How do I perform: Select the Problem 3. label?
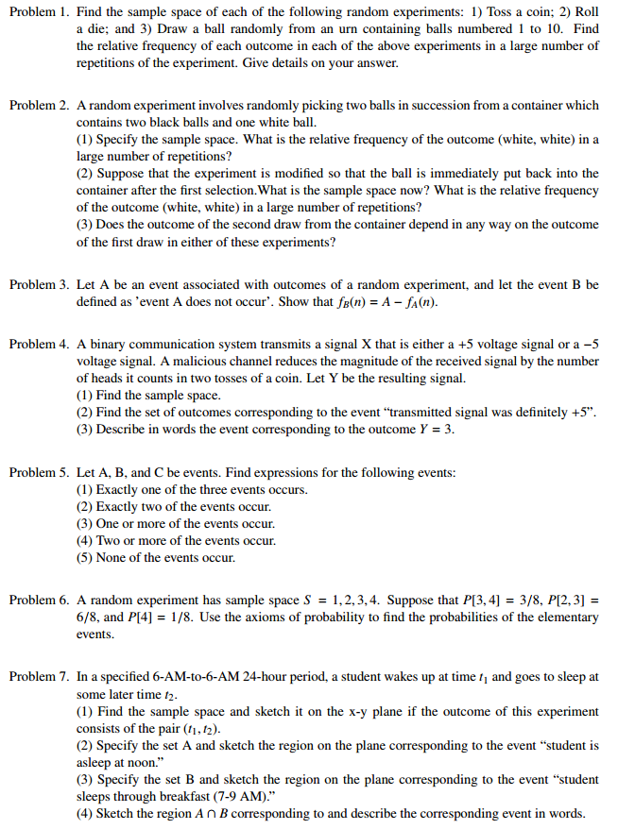pos(39,284)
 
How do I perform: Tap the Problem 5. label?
pos(39,471)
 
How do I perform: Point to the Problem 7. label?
pos(39,676)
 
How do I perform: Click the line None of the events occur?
pos(155,557)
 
